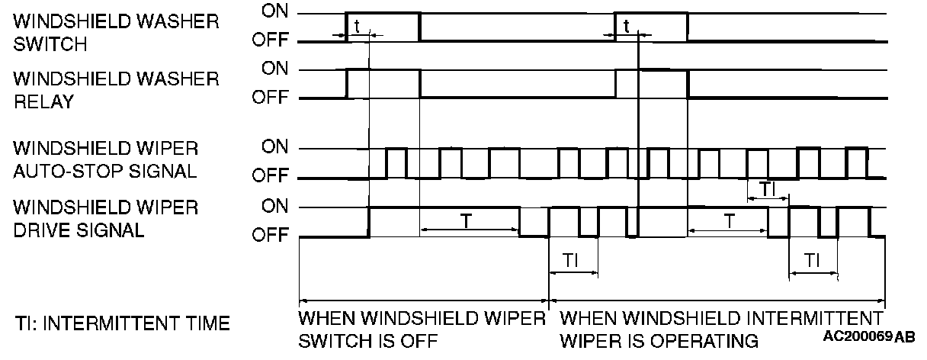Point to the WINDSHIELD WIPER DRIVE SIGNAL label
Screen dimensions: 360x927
point(105,219)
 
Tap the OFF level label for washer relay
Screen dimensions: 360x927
point(270,98)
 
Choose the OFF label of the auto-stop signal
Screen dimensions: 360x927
point(270,178)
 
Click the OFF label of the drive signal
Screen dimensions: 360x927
point(270,236)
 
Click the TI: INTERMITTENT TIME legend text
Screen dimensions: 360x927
point(122,324)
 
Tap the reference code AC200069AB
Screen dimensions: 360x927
point(869,336)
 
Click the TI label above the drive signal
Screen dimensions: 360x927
point(766,188)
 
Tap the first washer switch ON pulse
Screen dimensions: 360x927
point(383,14)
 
